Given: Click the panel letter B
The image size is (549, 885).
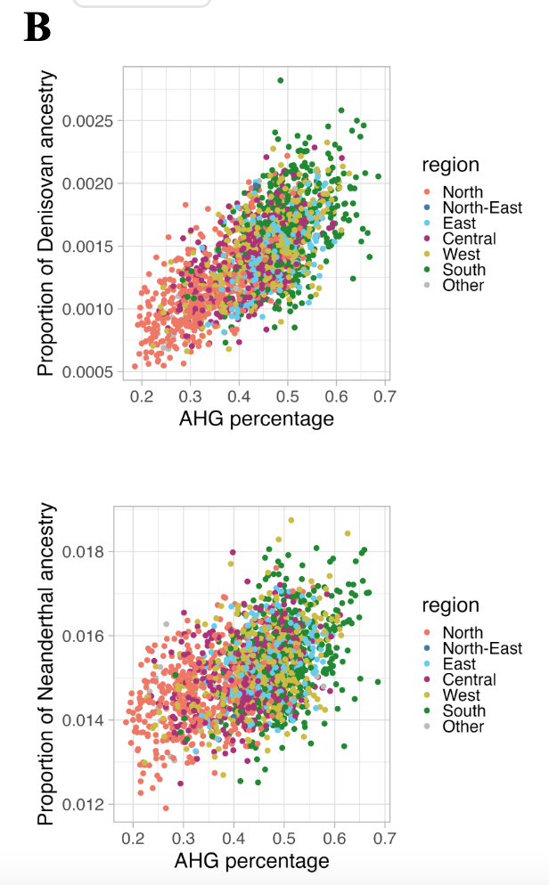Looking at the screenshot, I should (x=37, y=28).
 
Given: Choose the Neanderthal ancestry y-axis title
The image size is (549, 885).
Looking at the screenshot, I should (x=46, y=664).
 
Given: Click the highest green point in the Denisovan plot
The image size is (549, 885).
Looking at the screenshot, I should (x=280, y=80).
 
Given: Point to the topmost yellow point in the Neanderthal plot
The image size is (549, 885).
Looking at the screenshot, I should (x=291, y=520).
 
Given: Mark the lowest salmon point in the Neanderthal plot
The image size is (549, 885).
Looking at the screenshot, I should (x=166, y=808).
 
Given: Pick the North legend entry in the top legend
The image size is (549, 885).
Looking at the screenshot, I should (x=463, y=192).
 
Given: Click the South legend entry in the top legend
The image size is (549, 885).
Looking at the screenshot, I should (x=463, y=270).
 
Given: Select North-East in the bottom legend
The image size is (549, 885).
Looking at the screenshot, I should (x=481, y=648).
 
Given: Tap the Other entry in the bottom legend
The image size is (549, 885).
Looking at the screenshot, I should (x=463, y=727).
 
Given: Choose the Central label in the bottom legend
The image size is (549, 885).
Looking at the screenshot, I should (x=469, y=679).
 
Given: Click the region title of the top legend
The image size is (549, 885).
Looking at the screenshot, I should (x=450, y=165).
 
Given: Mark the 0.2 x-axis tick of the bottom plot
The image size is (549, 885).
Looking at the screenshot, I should (x=134, y=837).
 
